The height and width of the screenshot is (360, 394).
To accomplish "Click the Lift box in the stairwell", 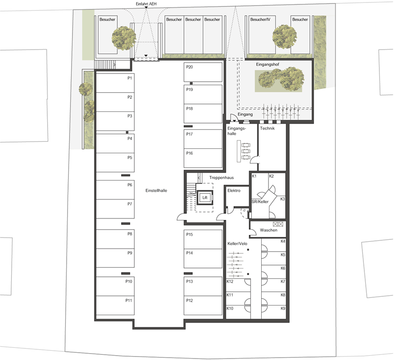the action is (205, 198).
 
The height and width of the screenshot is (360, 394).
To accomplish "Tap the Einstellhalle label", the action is (156, 191).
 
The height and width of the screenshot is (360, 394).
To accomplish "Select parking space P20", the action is (203, 72).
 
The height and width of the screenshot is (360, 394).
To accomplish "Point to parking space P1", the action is (115, 83).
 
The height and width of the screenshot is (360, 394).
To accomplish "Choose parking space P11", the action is (115, 306).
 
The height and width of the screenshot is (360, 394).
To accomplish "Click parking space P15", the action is (203, 239).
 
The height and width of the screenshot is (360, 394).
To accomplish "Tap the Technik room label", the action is (267, 128).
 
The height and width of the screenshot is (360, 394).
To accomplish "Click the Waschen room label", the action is (269, 230).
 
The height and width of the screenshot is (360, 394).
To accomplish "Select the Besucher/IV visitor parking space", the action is (262, 35).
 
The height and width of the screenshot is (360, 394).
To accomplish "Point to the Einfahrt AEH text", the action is (146, 4).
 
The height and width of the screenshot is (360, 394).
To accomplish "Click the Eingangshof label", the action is (268, 64).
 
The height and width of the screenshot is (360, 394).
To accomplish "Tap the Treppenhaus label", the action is (221, 178).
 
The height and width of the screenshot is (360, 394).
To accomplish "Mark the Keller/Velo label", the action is (237, 244).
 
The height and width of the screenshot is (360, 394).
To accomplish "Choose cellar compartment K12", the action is (238, 285).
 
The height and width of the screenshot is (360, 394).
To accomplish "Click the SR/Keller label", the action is (260, 201).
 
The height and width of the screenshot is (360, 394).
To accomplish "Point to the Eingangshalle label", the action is (237, 131).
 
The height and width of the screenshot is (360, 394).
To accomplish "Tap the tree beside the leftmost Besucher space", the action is (124, 38).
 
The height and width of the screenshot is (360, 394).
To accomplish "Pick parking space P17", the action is (203, 139).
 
